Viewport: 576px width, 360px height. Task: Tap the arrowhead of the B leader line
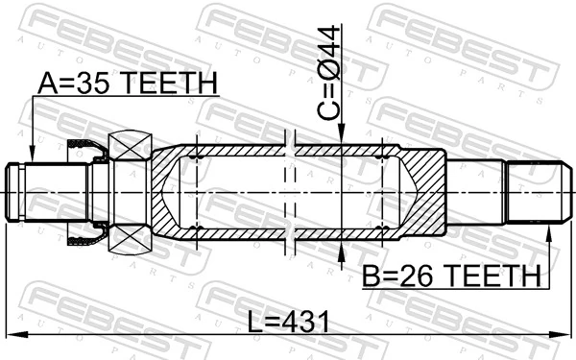pyautogui.click(x=550, y=230)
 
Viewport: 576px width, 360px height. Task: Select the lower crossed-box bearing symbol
pyautogui.click(x=131, y=236)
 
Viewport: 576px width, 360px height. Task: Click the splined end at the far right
pyautogui.click(x=534, y=193)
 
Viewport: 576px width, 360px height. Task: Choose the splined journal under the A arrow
pyautogui.click(x=52, y=193)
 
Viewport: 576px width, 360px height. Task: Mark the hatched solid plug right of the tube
pyautogui.click(x=422, y=192)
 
